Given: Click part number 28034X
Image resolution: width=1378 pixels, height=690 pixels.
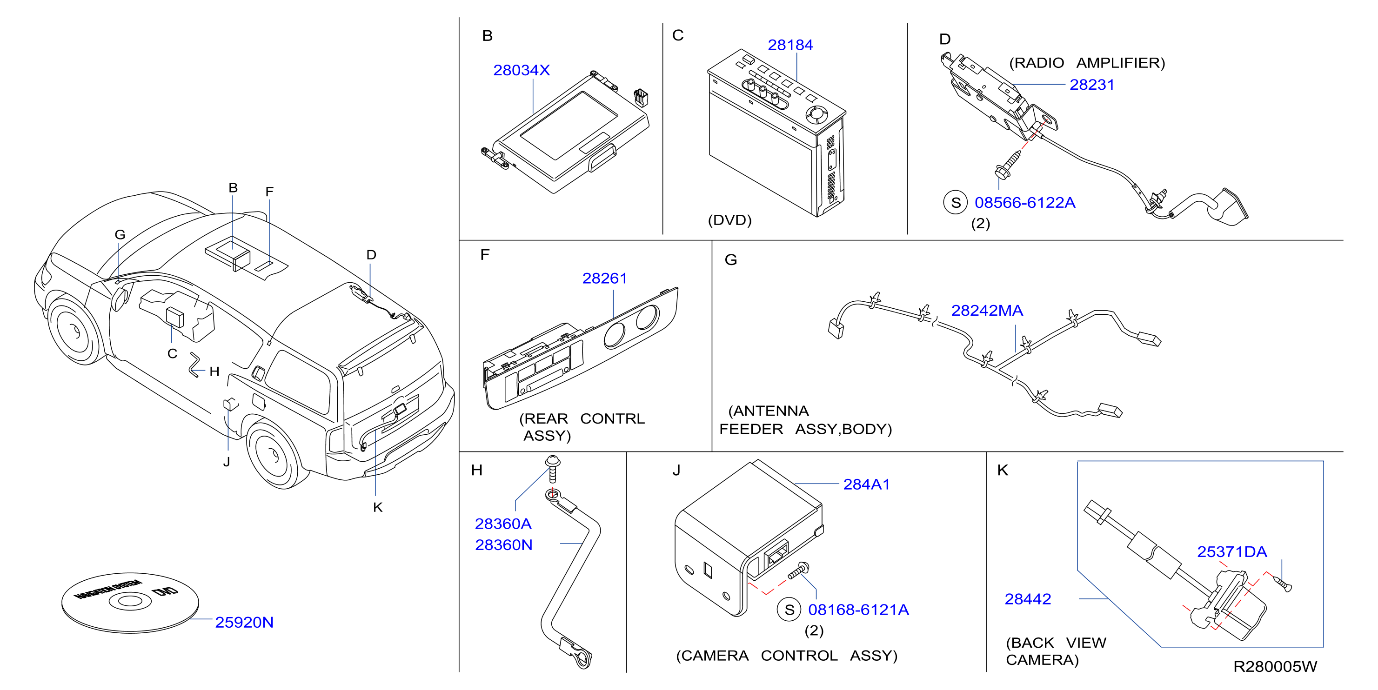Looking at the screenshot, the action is (521, 70).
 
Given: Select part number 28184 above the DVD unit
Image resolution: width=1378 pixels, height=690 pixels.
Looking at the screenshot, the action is (790, 45).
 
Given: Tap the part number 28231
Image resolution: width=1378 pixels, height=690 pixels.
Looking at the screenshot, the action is (1092, 85).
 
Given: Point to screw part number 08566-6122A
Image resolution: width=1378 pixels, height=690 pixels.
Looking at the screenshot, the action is (1024, 203).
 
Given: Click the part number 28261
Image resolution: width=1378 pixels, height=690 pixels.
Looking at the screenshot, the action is (604, 278).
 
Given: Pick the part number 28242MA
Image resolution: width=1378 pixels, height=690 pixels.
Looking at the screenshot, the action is (987, 310).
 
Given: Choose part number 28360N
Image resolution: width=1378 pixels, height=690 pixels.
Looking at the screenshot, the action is (503, 544).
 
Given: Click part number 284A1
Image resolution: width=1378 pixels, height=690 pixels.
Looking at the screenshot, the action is (867, 484).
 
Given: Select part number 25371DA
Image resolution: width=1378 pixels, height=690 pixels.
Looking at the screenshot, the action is (1232, 551).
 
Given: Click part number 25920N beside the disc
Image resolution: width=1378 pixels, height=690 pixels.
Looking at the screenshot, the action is (244, 622).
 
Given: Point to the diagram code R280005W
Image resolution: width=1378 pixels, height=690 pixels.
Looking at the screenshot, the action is (1275, 666).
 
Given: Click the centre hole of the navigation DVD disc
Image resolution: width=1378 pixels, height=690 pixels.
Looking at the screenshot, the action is (129, 601).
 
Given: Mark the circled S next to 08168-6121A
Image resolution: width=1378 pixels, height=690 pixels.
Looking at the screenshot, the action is (789, 610).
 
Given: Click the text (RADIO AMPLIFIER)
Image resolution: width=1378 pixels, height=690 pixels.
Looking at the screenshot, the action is (1086, 63).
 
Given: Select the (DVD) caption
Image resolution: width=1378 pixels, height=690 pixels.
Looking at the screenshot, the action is (729, 220).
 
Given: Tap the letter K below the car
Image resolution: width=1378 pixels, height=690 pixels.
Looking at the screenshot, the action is (378, 507).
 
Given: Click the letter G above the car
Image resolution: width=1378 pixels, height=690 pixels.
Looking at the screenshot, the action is (120, 235).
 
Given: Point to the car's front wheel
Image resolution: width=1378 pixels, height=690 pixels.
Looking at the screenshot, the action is (75, 330).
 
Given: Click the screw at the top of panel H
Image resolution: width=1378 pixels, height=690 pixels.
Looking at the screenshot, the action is (552, 469).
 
